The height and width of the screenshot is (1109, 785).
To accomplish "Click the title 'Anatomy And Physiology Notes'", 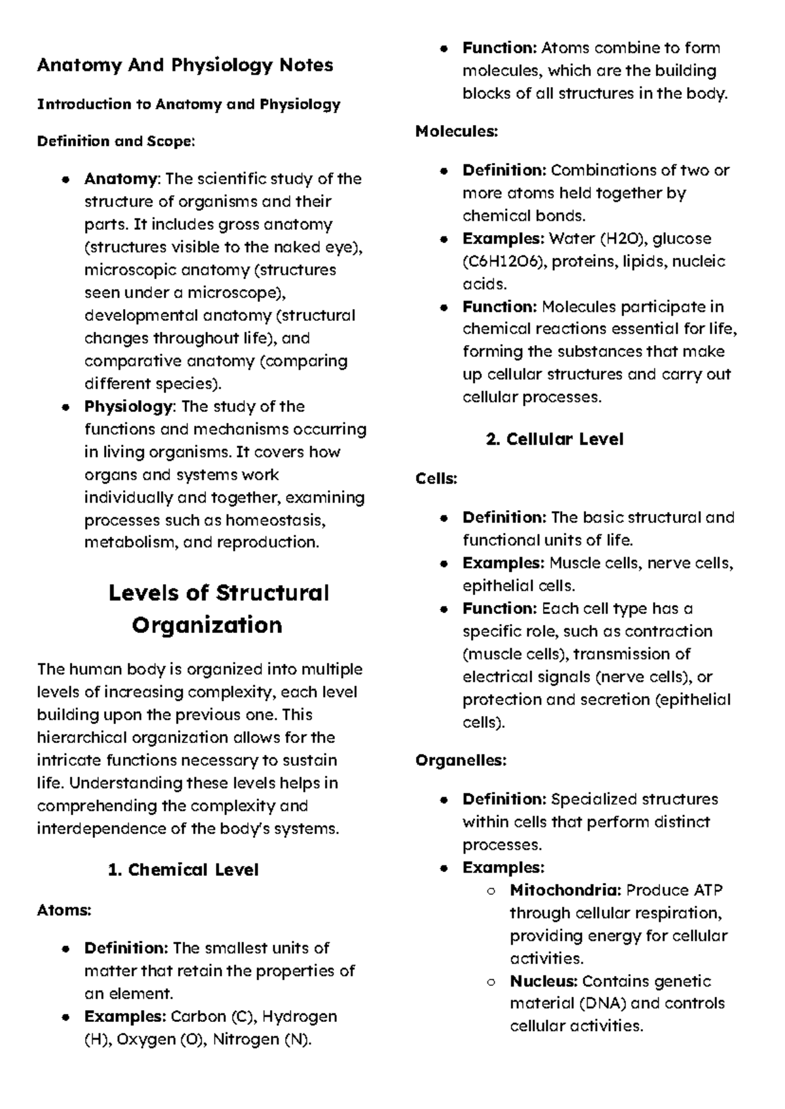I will click(x=185, y=65).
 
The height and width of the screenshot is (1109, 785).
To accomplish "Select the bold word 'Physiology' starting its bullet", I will click(x=128, y=407).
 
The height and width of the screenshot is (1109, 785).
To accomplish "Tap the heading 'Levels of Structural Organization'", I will click(x=218, y=609).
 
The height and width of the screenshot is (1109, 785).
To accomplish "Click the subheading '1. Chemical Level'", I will click(x=183, y=870).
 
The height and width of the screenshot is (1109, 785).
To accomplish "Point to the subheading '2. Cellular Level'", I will click(x=555, y=439).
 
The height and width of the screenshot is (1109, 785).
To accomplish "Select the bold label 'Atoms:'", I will click(x=64, y=910).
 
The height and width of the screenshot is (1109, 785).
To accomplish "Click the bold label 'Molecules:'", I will click(x=457, y=132).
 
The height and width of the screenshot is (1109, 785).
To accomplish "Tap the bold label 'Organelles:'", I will click(x=461, y=761).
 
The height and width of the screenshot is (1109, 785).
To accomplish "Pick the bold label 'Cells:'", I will click(x=436, y=479).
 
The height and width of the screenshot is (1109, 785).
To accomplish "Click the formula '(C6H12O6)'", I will click(x=504, y=262).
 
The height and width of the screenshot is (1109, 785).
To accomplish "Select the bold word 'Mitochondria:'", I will click(x=565, y=890).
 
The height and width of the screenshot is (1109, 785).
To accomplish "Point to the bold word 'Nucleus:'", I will click(x=544, y=981).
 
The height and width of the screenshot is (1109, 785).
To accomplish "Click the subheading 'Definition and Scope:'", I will click(x=116, y=141).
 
